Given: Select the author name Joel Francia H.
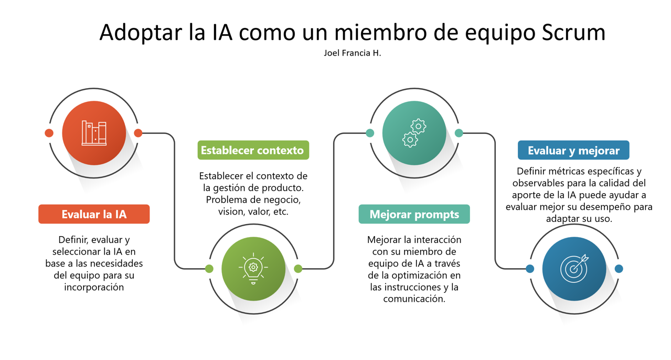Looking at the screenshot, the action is coord(352,53).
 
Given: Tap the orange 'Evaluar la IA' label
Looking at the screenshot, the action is coord(94,214).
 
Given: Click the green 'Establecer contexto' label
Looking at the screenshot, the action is coord(253,150).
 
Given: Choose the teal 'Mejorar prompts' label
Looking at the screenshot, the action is coord(414,214).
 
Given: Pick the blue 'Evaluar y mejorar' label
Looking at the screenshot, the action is coord(573,150).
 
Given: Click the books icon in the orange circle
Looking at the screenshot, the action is coord(94,133).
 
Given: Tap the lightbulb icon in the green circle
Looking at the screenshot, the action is coord(253,268).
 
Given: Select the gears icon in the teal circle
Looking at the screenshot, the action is coord(414,133).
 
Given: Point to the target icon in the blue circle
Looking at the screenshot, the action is coord(574,269).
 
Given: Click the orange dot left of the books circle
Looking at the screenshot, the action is coord(49,133).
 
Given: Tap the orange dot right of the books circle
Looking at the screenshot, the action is coord(138,133).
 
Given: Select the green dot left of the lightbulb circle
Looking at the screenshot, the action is coord(209,269).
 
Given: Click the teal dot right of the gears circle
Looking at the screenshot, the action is coord(459,133).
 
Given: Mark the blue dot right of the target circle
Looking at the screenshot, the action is coord(619,269).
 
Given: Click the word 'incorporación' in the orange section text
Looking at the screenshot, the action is coord(94,287).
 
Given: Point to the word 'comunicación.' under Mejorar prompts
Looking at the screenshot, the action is coord(414,299).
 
